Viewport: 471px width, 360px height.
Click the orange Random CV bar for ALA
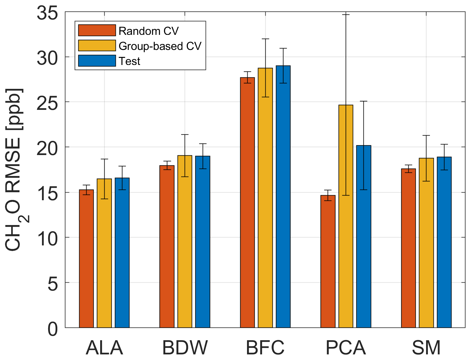click(86, 258)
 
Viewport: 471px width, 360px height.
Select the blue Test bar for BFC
click(283, 196)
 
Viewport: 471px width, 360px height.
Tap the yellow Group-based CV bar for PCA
click(346, 216)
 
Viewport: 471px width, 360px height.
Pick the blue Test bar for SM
click(444, 242)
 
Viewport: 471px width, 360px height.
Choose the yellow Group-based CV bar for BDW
click(185, 241)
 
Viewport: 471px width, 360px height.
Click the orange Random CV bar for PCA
click(328, 261)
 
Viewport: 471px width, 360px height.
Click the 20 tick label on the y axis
click(47, 147)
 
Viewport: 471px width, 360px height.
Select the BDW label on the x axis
click(185, 348)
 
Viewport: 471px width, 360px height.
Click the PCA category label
click(346, 348)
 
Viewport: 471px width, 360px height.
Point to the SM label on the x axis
click(426, 348)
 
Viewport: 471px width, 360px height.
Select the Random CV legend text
click(148, 31)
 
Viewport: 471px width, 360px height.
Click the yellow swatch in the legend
click(97, 46)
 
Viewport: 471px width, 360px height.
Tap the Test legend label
click(129, 61)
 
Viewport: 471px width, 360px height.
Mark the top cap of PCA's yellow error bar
click(346, 14)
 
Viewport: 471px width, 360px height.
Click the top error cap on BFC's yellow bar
click(265, 39)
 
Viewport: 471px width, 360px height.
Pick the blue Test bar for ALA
click(122, 253)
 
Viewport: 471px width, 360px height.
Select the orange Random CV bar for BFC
click(247, 202)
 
